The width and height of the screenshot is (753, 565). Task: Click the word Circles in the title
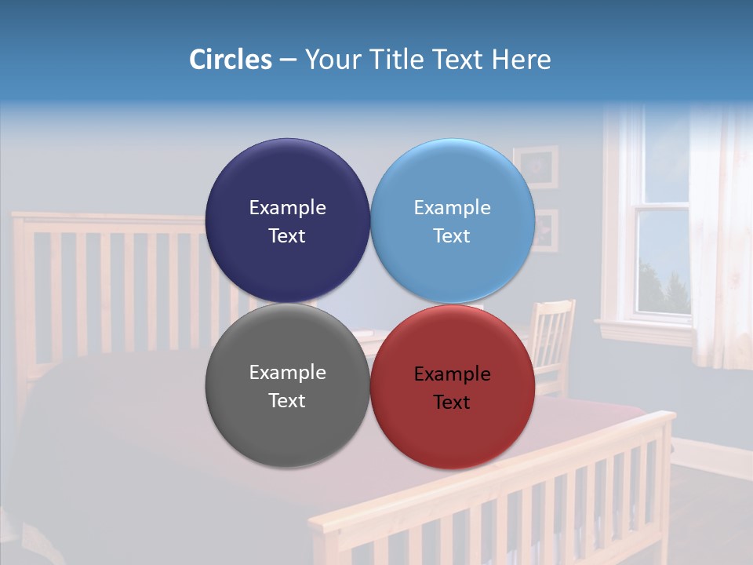coord(231,59)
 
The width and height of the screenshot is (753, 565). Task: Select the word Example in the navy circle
coord(287,208)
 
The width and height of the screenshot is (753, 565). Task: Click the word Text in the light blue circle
coord(452,236)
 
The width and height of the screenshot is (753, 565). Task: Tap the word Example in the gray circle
coord(287,373)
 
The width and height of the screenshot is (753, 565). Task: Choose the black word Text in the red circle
coord(452,403)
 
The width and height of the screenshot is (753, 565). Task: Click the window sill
coord(643,326)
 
